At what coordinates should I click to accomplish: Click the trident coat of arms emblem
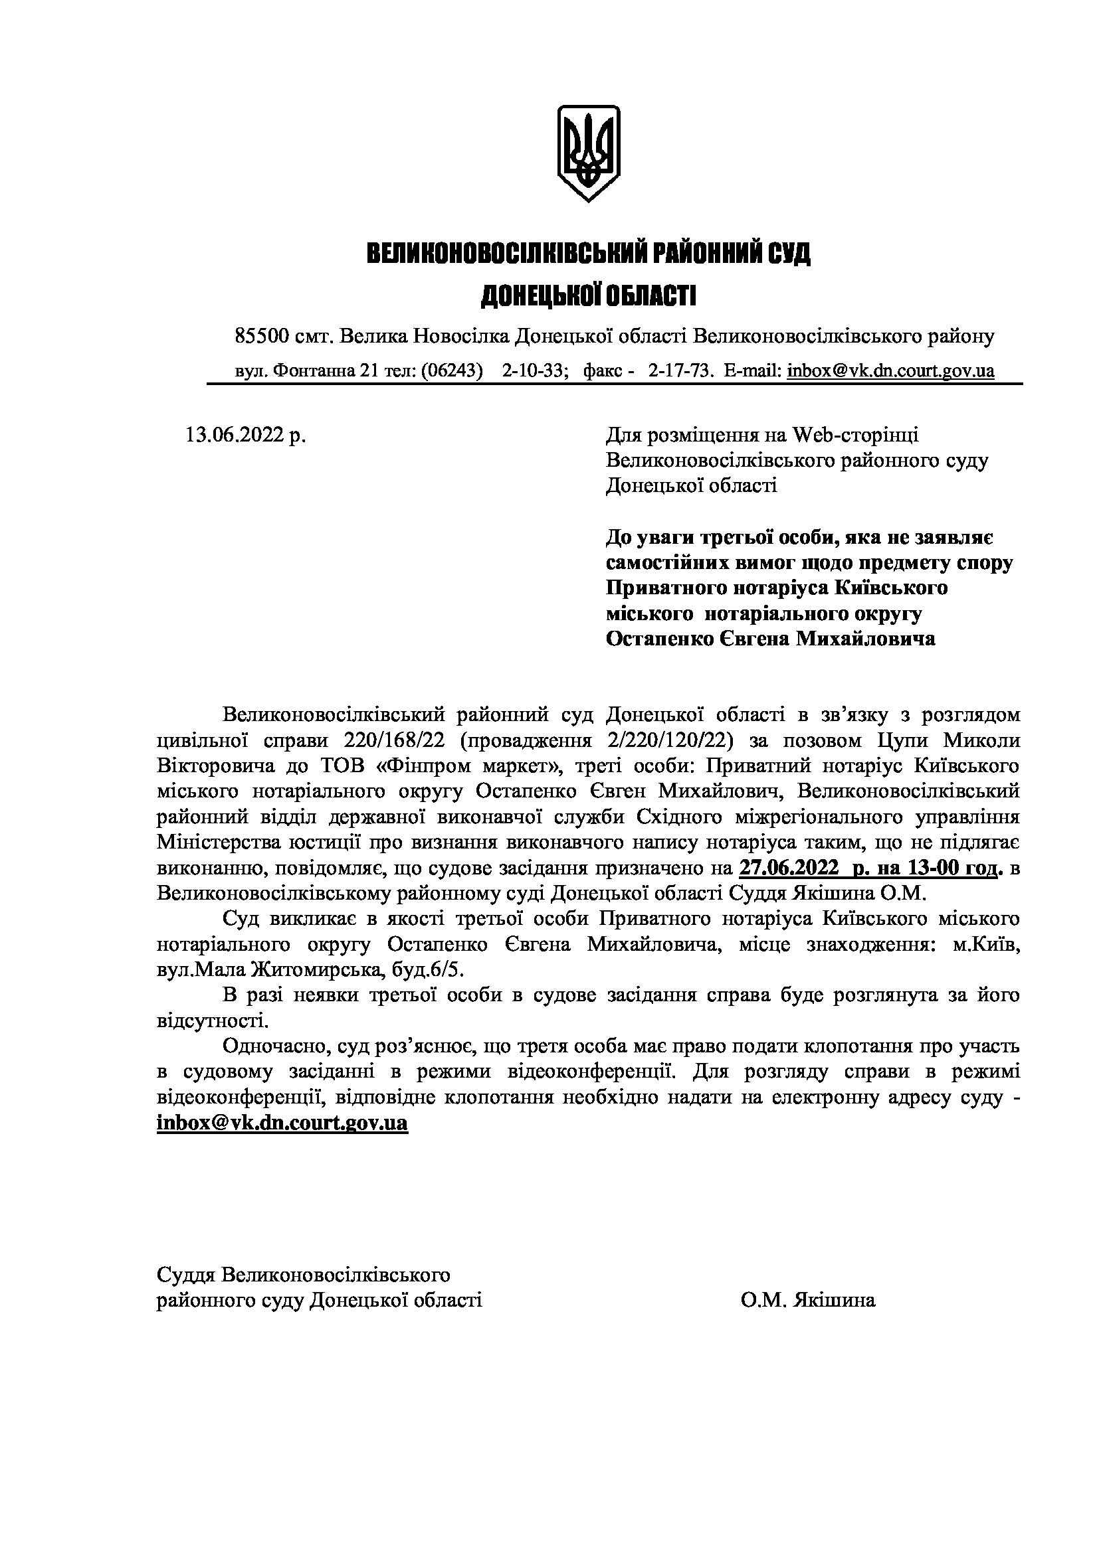[588, 152]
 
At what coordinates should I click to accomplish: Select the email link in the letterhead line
[890, 370]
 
